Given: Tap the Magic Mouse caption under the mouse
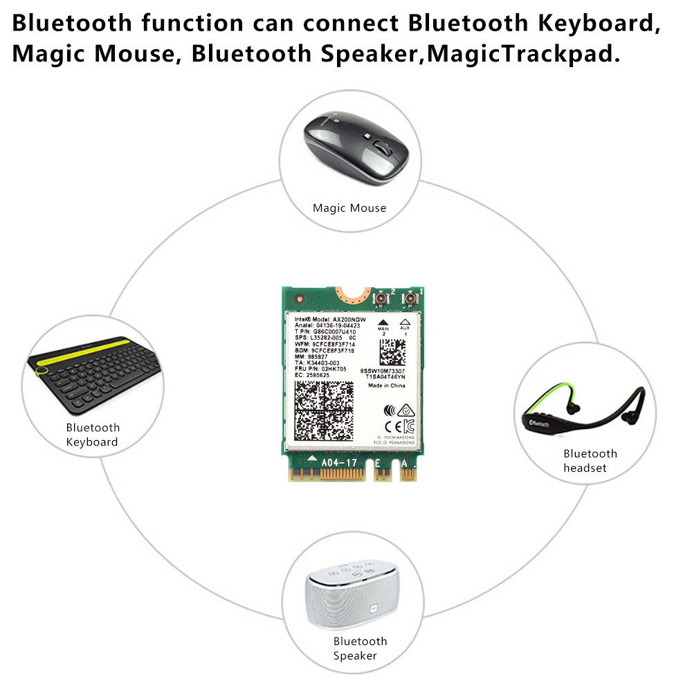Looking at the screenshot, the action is click(x=349, y=208).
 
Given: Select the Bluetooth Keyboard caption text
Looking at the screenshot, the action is click(x=93, y=435).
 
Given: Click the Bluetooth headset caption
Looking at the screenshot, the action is click(x=590, y=461).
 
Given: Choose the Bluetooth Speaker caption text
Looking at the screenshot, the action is click(x=360, y=648).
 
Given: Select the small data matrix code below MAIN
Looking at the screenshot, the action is click(x=392, y=352).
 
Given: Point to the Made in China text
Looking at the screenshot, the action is click(x=386, y=385).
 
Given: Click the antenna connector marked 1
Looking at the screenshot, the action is click(x=411, y=299).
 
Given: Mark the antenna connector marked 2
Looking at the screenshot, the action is click(x=381, y=299).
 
